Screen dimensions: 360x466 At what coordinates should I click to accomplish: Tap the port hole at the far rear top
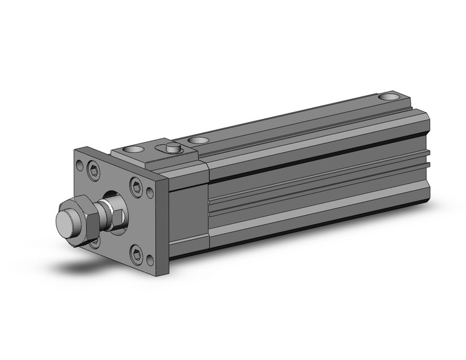point(388,97)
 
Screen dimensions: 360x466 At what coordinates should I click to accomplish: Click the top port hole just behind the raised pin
point(197,141)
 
